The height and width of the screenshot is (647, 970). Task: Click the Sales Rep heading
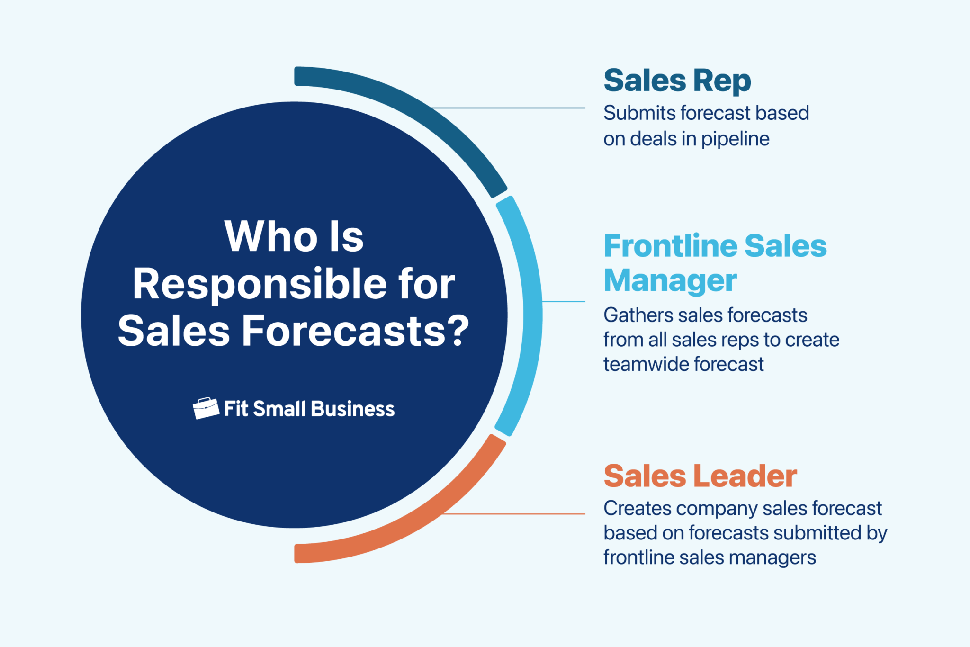coord(677,81)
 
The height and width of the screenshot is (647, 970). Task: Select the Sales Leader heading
coord(700,476)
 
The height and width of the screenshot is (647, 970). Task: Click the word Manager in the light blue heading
coord(670,281)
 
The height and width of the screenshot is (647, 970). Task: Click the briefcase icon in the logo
coord(206,408)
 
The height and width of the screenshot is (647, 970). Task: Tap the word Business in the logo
coord(353,409)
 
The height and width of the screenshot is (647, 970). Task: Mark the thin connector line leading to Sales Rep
coord(512,108)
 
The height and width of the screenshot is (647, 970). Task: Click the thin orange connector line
coord(516,514)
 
